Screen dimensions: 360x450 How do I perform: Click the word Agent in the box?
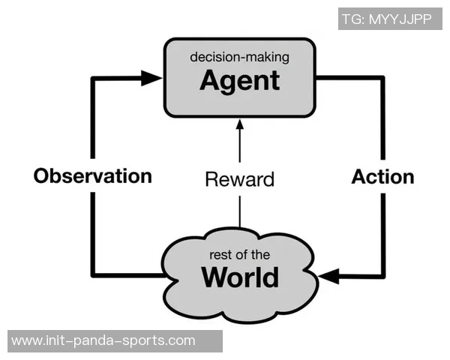239,80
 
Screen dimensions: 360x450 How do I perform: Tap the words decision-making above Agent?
240,56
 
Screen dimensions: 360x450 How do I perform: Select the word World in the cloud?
240,277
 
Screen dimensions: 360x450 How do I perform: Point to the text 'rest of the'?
240,255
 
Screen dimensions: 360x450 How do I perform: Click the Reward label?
240,179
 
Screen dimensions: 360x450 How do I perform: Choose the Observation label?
92,176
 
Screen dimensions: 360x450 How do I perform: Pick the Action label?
382,176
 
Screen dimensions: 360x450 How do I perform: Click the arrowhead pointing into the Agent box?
153,76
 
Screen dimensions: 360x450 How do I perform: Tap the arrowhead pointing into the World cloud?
328,276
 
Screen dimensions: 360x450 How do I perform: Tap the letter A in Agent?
211,80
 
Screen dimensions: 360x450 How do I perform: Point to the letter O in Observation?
43,176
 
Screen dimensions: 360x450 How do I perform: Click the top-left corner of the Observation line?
93,76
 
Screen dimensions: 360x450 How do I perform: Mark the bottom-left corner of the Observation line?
93,275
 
